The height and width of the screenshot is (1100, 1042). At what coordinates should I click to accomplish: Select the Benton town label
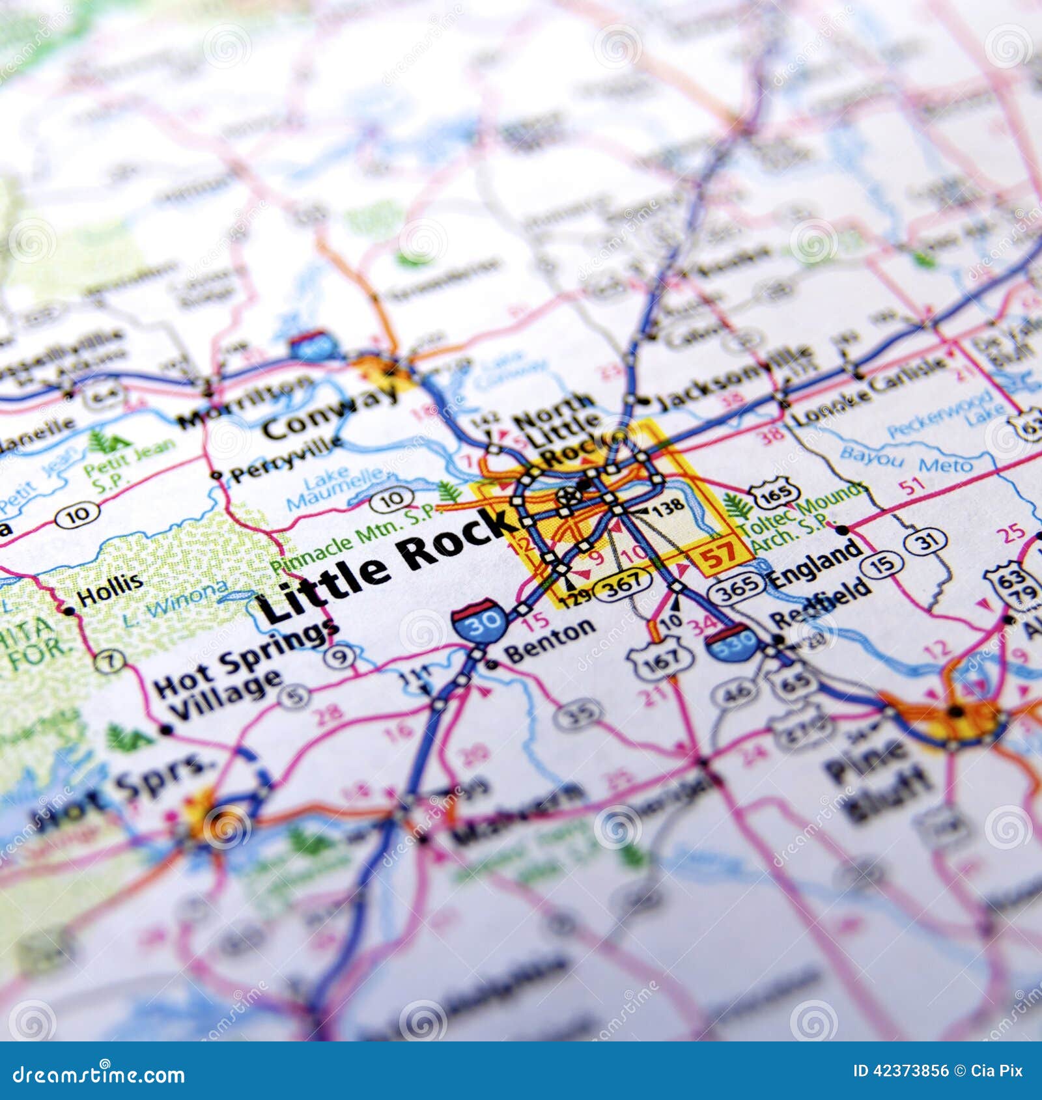[x=550, y=642]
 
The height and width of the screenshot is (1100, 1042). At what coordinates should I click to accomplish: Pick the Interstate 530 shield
[x=733, y=641]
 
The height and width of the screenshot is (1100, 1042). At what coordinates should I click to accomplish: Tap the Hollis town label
[x=109, y=589]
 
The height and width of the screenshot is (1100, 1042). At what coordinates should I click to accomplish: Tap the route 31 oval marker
[x=925, y=540]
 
